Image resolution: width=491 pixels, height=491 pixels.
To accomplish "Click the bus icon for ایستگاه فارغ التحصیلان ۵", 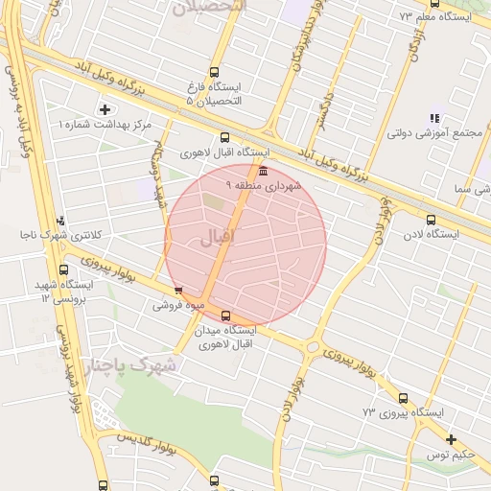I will pos(213,71).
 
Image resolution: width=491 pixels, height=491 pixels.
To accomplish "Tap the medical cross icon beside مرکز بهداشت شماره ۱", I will pos(105,108).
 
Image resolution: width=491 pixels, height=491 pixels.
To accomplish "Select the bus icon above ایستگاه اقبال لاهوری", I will pos(225,136).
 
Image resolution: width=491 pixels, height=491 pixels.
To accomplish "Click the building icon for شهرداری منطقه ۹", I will pos(263,171).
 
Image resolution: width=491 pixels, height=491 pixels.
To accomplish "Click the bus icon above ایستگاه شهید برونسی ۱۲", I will pos(65,269).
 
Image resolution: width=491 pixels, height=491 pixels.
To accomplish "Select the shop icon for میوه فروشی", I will pos(178,290).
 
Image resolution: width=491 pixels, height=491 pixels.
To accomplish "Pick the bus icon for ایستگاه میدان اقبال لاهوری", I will pos(225,316).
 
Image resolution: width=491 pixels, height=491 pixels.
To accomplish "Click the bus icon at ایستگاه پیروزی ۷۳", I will pos(403,398).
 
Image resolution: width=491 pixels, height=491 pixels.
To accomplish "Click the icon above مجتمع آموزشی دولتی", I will pos(434,118).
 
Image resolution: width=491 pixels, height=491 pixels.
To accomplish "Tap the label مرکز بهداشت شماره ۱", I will pos(105,125).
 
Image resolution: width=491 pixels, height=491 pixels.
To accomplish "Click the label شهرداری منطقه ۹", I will pos(264,184).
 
